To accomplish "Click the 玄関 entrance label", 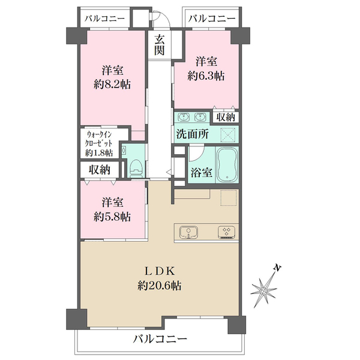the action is coord(160,45).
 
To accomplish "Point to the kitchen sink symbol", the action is coord(188,232).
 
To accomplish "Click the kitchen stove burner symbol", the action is coord(226,232).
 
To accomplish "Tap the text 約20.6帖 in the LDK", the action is coord(160,286).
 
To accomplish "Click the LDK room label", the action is coord(160,272).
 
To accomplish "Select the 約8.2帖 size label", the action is coord(112,85).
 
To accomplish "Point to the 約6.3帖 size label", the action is coord(206,76).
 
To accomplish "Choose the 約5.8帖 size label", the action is coord(112,217).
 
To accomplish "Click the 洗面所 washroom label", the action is coord(193,134).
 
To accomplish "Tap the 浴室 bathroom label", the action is coord(202,173).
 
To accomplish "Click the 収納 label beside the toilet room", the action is coord(100,170).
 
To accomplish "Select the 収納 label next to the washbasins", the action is coord(226,118).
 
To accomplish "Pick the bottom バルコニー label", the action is coord(160,338).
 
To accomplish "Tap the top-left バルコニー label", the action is coord(104,19).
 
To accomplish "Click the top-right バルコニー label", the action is coord(212,19).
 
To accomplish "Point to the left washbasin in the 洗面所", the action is coord(184,117).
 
